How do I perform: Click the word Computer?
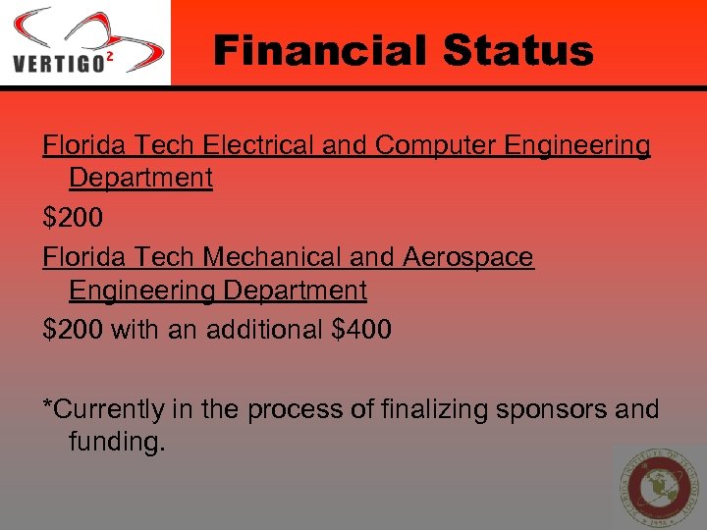[x=436, y=145]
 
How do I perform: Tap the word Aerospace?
[x=468, y=257]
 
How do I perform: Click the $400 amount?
[x=362, y=330]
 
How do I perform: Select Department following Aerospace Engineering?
[x=296, y=291]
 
